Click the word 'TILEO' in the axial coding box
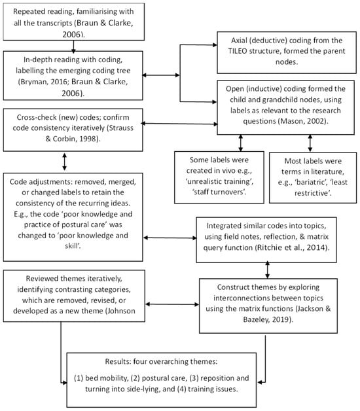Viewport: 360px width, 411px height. point(238,51)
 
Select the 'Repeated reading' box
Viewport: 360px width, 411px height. point(74,22)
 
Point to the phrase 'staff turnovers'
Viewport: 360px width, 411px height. point(219,192)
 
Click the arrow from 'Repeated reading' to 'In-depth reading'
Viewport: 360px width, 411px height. point(73,46)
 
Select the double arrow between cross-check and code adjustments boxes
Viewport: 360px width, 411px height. point(65,162)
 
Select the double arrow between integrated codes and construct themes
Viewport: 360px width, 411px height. point(267,270)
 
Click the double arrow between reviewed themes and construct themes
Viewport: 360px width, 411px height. point(172,304)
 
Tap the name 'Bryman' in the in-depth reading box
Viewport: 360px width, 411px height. point(33,82)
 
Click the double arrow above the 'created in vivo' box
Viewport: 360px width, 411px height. point(240,143)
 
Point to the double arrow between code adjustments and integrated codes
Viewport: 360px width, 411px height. point(170,238)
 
